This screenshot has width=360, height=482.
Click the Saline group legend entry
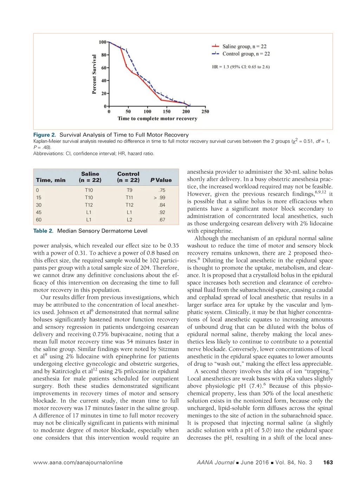click(244, 46)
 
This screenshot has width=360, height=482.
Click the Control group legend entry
click(246, 54)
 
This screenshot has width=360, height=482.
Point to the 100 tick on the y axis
click(103, 42)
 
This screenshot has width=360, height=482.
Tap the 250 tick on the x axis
click(205, 112)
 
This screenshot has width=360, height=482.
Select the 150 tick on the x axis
click(167, 112)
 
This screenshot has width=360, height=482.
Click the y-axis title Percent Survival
click(94, 74)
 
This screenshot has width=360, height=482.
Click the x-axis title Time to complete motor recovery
click(157, 119)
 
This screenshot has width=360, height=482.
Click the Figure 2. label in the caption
click(45, 135)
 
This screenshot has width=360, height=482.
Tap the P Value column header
click(161, 180)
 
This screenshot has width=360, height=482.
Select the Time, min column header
click(51, 180)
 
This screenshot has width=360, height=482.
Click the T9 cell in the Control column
click(129, 190)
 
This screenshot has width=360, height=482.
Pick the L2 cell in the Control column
click(129, 220)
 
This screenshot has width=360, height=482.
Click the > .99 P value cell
click(160, 198)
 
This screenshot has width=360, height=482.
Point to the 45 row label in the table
click(39, 213)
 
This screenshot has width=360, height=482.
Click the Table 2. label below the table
click(43, 231)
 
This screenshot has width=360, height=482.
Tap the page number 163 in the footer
click(328, 463)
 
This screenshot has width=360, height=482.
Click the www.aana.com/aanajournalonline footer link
click(78, 463)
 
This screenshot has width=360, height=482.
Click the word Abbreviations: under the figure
click(49, 153)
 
